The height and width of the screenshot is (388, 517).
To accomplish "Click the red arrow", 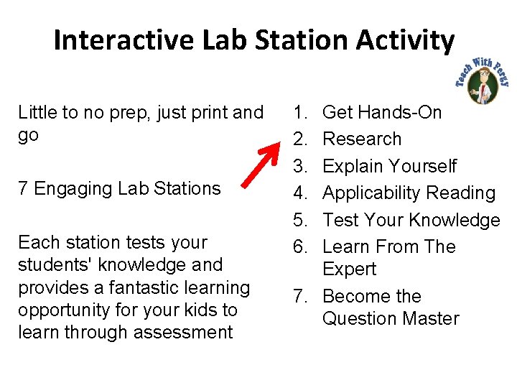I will [263, 162].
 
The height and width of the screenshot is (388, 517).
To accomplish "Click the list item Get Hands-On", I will [382, 112].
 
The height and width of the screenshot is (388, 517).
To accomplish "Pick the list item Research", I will [362, 139].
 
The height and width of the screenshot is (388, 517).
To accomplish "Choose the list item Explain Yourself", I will [389, 166].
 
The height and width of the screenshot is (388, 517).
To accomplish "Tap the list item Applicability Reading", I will [409, 193].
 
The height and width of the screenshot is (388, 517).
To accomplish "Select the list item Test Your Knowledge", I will [411, 220].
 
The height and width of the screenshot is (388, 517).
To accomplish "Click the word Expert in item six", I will [350, 269].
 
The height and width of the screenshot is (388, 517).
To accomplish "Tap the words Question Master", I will [391, 318].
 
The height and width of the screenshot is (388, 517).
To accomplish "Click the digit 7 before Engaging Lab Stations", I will [23, 189].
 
